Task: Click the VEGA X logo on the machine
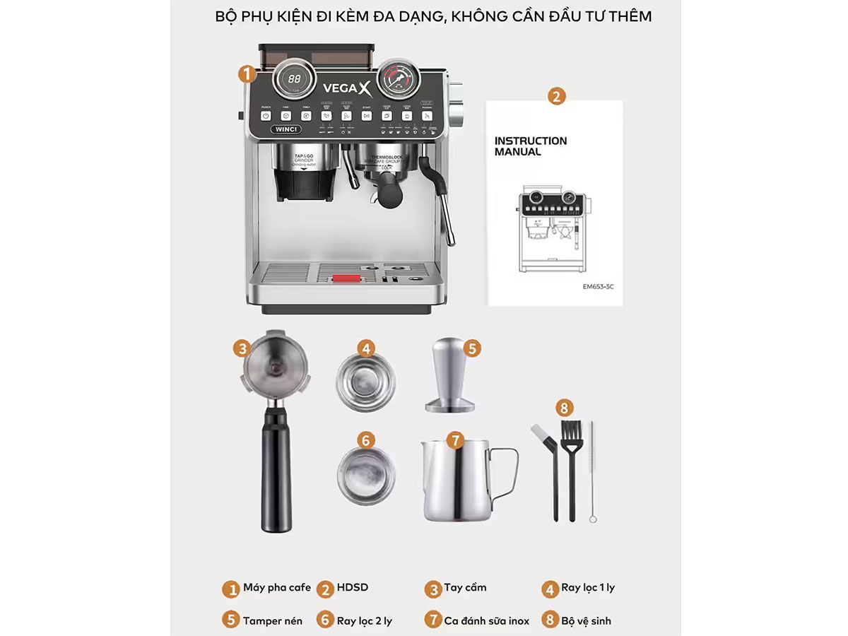pos(346,88)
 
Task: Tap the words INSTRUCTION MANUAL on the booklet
pos(531,146)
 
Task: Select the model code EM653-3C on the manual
pos(599,287)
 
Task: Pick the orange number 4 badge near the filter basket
pos(365,348)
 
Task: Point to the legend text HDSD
pos(353,588)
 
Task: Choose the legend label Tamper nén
pos(272,620)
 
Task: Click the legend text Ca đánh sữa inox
pos(486,620)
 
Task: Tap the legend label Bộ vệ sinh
pos(586,620)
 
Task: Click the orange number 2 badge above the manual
pos(557,97)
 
